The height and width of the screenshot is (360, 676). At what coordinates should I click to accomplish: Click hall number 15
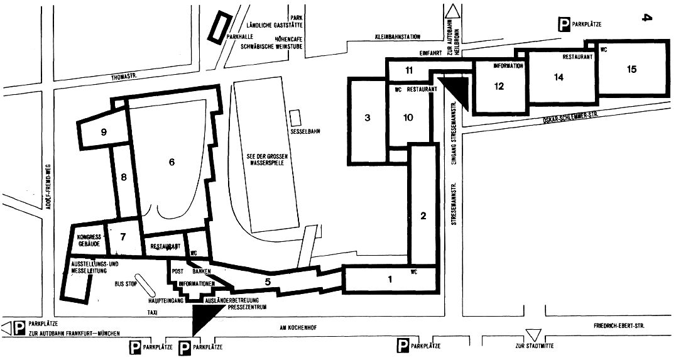coord(631,69)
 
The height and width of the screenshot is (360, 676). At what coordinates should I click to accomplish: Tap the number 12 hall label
coord(499,86)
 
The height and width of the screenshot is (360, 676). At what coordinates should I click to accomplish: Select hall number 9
coord(104,133)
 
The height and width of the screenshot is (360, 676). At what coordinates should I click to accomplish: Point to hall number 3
coord(368,117)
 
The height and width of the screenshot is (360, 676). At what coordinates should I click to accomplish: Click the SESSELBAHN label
coord(303,131)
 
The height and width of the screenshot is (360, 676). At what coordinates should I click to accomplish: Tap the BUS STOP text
coord(126,285)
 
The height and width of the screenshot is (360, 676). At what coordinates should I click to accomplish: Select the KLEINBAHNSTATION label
coord(395,37)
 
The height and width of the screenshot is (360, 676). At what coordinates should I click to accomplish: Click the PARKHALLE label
coord(239,37)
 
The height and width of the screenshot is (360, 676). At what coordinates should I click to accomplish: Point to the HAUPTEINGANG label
coord(166,300)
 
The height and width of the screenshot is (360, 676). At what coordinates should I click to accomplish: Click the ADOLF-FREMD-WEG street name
coord(49,182)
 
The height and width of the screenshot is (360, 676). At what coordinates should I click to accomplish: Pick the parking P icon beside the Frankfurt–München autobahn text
coord(19,329)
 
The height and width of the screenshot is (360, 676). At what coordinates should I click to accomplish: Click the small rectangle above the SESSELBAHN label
coord(295,118)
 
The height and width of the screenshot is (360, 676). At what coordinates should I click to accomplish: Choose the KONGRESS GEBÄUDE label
coord(89,241)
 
